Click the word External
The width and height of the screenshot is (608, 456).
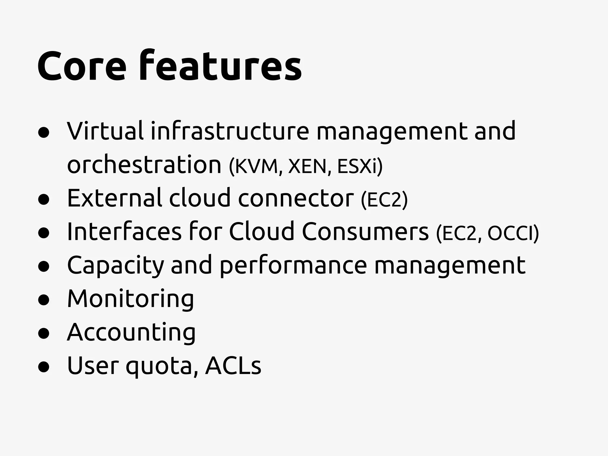115,198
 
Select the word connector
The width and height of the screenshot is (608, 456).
296,198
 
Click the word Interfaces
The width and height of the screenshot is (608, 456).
124,232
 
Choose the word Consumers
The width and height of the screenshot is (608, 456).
365,232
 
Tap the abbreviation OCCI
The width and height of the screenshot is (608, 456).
511,233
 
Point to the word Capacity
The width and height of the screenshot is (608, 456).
115,265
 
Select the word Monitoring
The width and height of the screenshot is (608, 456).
131,299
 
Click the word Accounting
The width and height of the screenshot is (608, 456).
131,332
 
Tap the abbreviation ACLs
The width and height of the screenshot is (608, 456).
233,365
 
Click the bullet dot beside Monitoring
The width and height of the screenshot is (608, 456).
44,300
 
